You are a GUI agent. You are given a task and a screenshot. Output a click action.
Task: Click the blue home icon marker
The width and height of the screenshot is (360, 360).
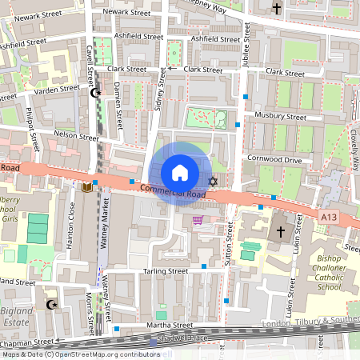click(x=180, y=172)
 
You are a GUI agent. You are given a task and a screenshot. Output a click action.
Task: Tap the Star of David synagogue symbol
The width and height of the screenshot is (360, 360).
click(x=213, y=182)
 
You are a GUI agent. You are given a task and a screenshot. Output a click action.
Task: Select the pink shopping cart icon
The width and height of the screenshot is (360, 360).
click(x=198, y=220)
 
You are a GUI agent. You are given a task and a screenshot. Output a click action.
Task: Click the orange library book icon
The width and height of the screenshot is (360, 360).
click(x=86, y=187)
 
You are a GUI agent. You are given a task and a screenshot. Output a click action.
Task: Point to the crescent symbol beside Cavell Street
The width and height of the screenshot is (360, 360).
click(x=97, y=93)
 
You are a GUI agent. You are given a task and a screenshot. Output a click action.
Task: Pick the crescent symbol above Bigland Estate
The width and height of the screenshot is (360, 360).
click(x=53, y=304)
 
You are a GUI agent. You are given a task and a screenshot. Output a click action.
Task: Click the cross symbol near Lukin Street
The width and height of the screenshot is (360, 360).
click(x=280, y=232)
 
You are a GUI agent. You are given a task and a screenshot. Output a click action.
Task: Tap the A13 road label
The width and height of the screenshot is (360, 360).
click(x=327, y=217)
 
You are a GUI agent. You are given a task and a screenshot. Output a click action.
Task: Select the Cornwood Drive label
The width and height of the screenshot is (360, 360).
click(x=274, y=160)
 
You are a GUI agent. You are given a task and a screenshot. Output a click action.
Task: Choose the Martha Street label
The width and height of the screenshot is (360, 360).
click(x=170, y=326)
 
